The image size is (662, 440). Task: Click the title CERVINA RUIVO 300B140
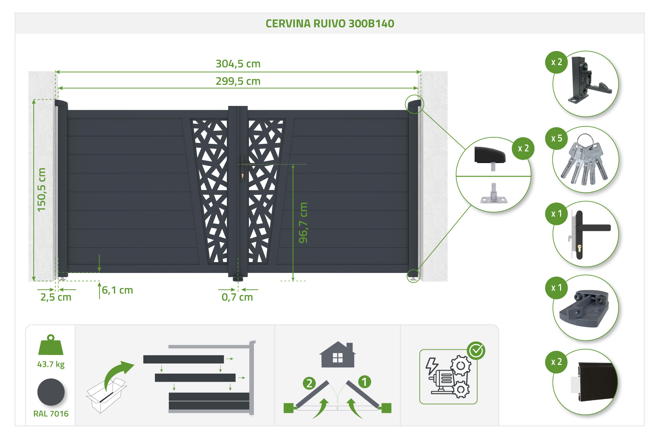[x=330, y=23]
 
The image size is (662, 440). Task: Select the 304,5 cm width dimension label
[x=238, y=64]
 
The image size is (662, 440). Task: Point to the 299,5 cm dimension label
[x=238, y=81]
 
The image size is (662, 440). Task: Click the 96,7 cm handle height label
[x=303, y=223]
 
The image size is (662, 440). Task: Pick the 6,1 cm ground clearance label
[x=117, y=290]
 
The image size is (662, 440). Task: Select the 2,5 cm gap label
[x=56, y=297]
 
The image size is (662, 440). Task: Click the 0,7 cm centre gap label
[x=237, y=297]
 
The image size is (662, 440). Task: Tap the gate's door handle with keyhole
[x=243, y=169]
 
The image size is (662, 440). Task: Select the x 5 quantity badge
[x=556, y=138]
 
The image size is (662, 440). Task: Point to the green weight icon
[x=51, y=345]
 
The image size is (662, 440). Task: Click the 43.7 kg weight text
[x=51, y=364]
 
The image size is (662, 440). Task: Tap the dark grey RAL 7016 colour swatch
[x=51, y=392]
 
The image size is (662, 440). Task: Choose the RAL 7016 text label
[x=51, y=414]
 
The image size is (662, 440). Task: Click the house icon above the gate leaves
[x=338, y=355]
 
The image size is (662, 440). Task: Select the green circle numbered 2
[x=309, y=383]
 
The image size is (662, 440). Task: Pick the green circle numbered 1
[x=364, y=382]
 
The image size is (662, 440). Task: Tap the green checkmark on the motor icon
[x=476, y=350]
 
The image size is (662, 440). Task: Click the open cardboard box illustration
[x=106, y=395]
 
